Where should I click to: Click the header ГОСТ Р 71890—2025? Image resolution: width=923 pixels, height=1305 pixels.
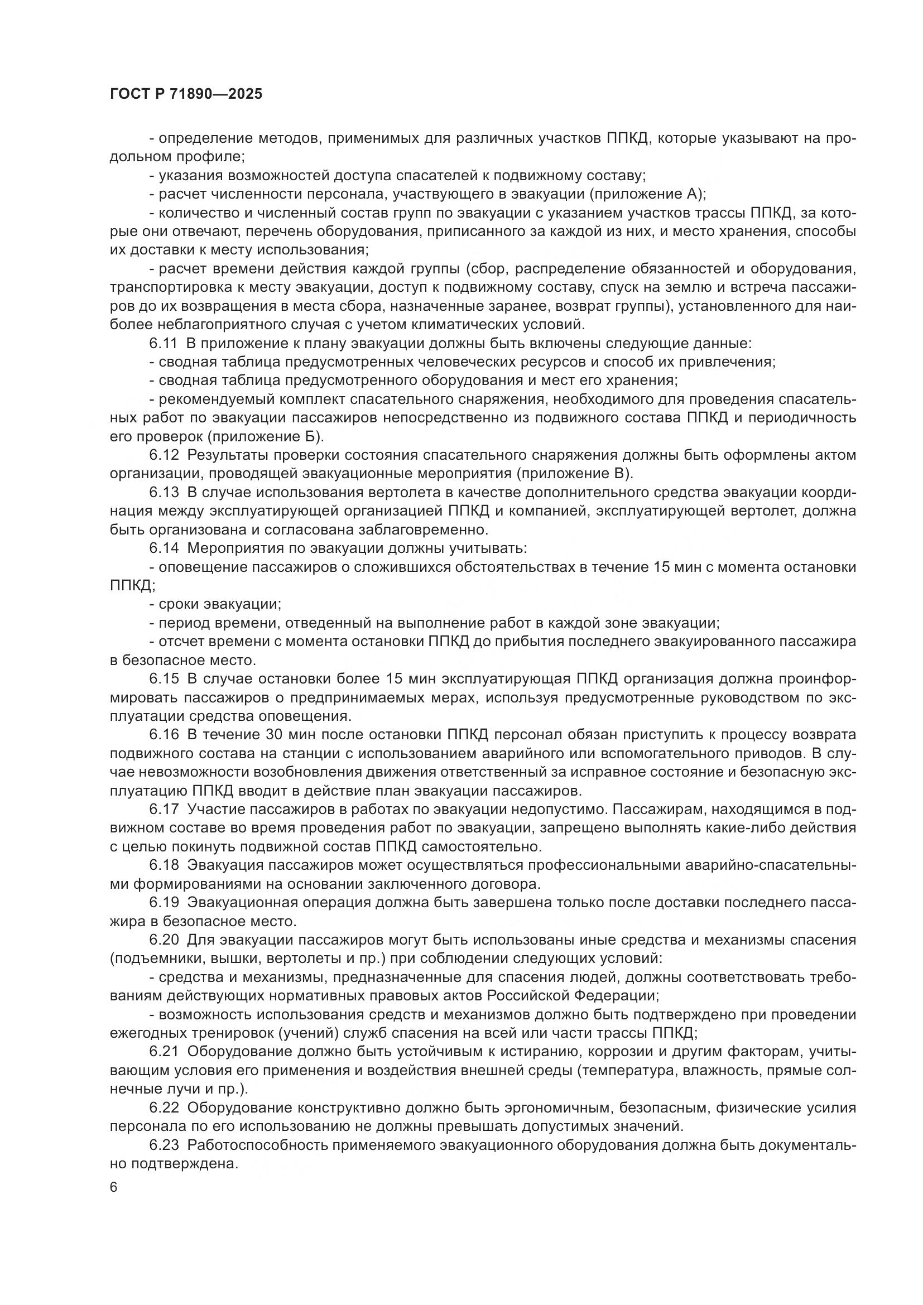tap(186, 94)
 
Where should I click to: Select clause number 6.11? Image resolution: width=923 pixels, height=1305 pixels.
tap(164, 343)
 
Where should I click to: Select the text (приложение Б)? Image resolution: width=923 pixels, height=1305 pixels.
tap(266, 437)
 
